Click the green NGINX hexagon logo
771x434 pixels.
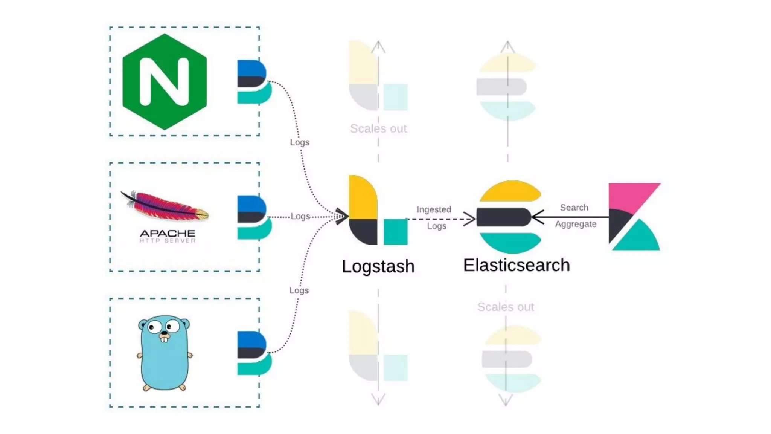click(165, 81)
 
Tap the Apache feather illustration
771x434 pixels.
click(166, 206)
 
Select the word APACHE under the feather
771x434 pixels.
click(168, 233)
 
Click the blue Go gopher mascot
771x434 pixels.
click(165, 352)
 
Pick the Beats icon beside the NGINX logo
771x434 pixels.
click(253, 81)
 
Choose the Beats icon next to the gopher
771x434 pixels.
click(253, 353)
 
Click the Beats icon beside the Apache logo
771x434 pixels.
click(253, 217)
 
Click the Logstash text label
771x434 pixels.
click(378, 266)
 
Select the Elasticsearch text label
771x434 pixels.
click(516, 265)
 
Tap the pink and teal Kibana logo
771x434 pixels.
click(634, 217)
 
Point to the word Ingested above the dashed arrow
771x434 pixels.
click(434, 209)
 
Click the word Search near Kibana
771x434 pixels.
click(574, 208)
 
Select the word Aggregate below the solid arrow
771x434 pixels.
click(576, 224)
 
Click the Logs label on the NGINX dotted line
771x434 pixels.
click(299, 142)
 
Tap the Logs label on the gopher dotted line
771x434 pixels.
click(299, 290)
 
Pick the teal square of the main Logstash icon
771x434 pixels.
click(395, 232)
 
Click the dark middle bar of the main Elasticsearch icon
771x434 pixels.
click(503, 217)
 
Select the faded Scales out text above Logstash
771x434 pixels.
click(378, 128)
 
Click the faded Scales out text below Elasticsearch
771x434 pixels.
click(505, 307)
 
